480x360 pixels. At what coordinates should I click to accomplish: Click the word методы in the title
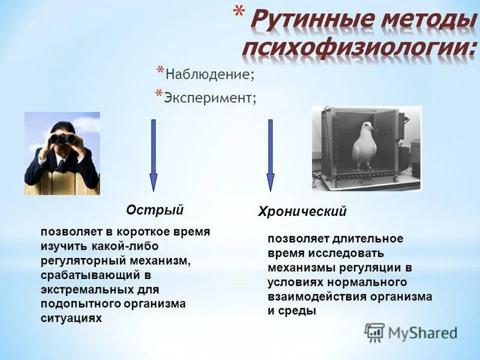coord(424,20)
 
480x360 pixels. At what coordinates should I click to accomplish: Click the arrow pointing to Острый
coord(154,156)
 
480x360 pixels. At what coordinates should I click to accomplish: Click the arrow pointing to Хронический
coord(270,156)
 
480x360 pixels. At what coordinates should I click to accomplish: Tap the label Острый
coord(154,210)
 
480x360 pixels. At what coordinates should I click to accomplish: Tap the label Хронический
coord(302,212)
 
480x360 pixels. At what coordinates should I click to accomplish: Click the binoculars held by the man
coord(62,139)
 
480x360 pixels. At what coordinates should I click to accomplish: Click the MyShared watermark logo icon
coord(375,332)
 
